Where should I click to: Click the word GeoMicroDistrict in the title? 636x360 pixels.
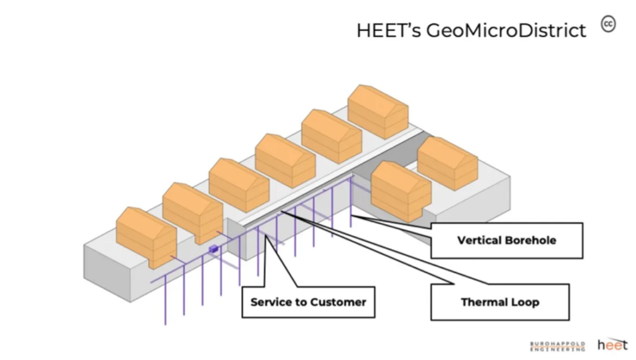[506, 30]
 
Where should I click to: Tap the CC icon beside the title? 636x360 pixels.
[608, 24]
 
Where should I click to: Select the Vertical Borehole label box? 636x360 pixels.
[506, 240]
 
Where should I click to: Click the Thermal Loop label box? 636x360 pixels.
[499, 302]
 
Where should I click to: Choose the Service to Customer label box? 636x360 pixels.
[308, 302]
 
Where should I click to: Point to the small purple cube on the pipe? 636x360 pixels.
[214, 250]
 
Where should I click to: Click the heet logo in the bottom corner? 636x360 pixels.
[612, 344]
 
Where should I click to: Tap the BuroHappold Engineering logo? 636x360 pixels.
[557, 345]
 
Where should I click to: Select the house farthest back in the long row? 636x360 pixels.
[378, 111]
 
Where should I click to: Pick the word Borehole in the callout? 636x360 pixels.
[530, 240]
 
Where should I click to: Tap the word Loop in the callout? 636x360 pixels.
[525, 302]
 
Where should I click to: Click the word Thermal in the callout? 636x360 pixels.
[485, 302]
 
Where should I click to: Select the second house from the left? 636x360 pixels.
[193, 211]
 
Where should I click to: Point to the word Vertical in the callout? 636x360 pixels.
[479, 240]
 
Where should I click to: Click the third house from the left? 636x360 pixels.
[239, 185]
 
